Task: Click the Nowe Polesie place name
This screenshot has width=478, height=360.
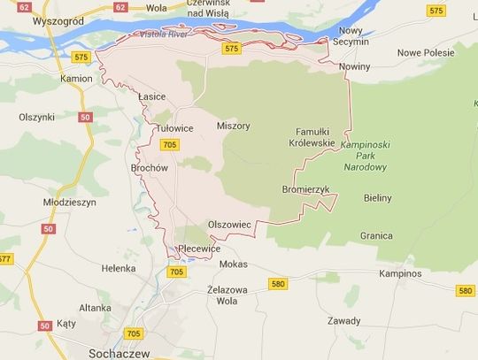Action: (x=425, y=52)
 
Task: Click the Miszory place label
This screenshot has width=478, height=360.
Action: (x=233, y=126)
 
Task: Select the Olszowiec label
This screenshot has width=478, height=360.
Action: (x=228, y=225)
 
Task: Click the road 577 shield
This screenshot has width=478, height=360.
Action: (x=5, y=259)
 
